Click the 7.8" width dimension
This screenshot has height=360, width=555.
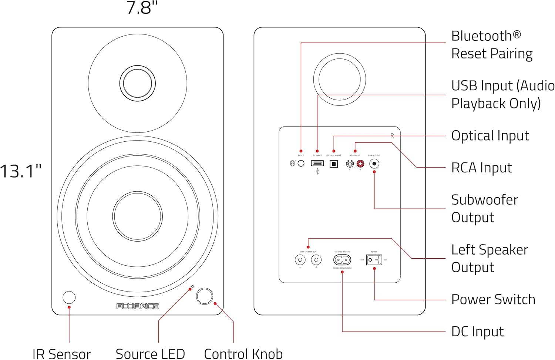142,8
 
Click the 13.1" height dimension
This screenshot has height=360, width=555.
21,171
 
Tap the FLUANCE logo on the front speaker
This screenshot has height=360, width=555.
137,306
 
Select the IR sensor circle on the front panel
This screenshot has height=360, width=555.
69,297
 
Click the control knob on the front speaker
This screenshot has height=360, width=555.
204,296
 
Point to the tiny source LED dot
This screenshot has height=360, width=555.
192,286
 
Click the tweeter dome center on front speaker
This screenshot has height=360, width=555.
137,83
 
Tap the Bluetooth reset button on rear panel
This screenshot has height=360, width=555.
301,163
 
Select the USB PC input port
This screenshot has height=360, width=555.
317,163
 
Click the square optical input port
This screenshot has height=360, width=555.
333,164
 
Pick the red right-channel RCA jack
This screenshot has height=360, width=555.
360,163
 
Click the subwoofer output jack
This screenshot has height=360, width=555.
374,164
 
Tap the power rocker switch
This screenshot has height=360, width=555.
374,260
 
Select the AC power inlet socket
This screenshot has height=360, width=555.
342,260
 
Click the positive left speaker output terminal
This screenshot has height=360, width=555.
316,260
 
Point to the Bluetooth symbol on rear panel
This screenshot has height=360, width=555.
292,163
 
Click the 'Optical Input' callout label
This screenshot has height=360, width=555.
490,136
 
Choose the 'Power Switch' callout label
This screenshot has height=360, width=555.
493,299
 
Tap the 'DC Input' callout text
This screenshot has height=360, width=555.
477,332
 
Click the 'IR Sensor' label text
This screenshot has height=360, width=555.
61,354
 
